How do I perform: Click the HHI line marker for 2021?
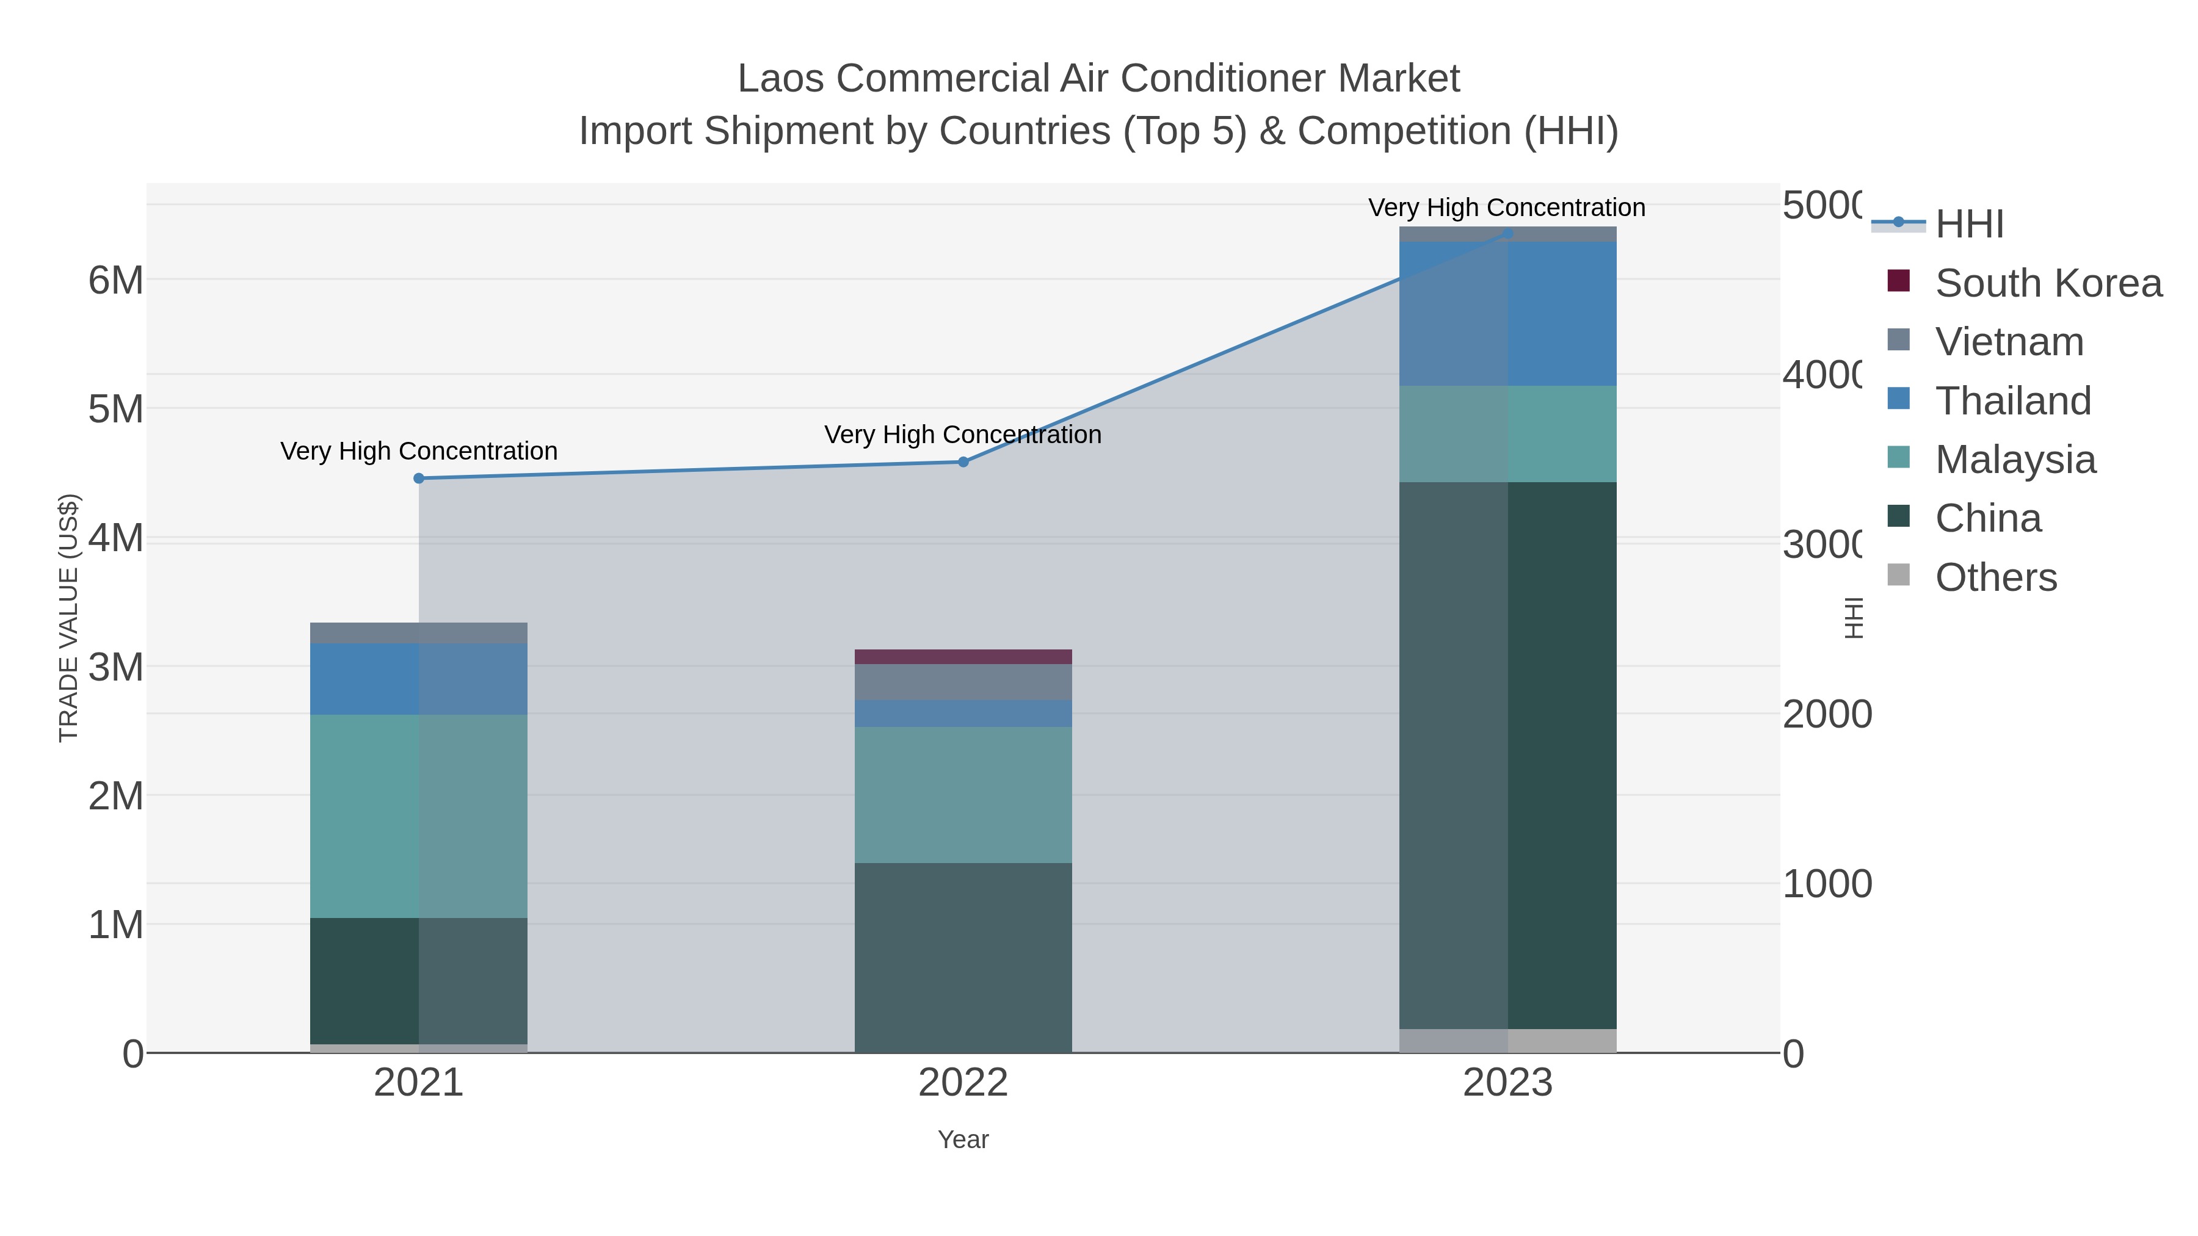[x=418, y=479]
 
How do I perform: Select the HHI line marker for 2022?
[x=963, y=462]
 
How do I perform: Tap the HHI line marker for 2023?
[x=1507, y=233]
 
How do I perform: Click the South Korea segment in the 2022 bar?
[x=963, y=657]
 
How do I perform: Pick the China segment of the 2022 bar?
[x=963, y=957]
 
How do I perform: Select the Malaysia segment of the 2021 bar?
[x=418, y=816]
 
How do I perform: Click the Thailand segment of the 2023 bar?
[x=1507, y=314]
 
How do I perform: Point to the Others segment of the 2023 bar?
[x=1507, y=1041]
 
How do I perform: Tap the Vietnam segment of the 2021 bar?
[x=418, y=633]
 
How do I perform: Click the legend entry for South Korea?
[x=2048, y=283]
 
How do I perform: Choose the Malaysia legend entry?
[x=2015, y=460]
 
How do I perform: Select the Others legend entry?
[x=1996, y=577]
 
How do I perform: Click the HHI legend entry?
[x=1968, y=225]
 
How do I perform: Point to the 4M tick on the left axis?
[x=116, y=539]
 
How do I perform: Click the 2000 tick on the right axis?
[x=1826, y=714]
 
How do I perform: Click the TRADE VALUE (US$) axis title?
[x=68, y=618]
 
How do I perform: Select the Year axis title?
[x=963, y=1140]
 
